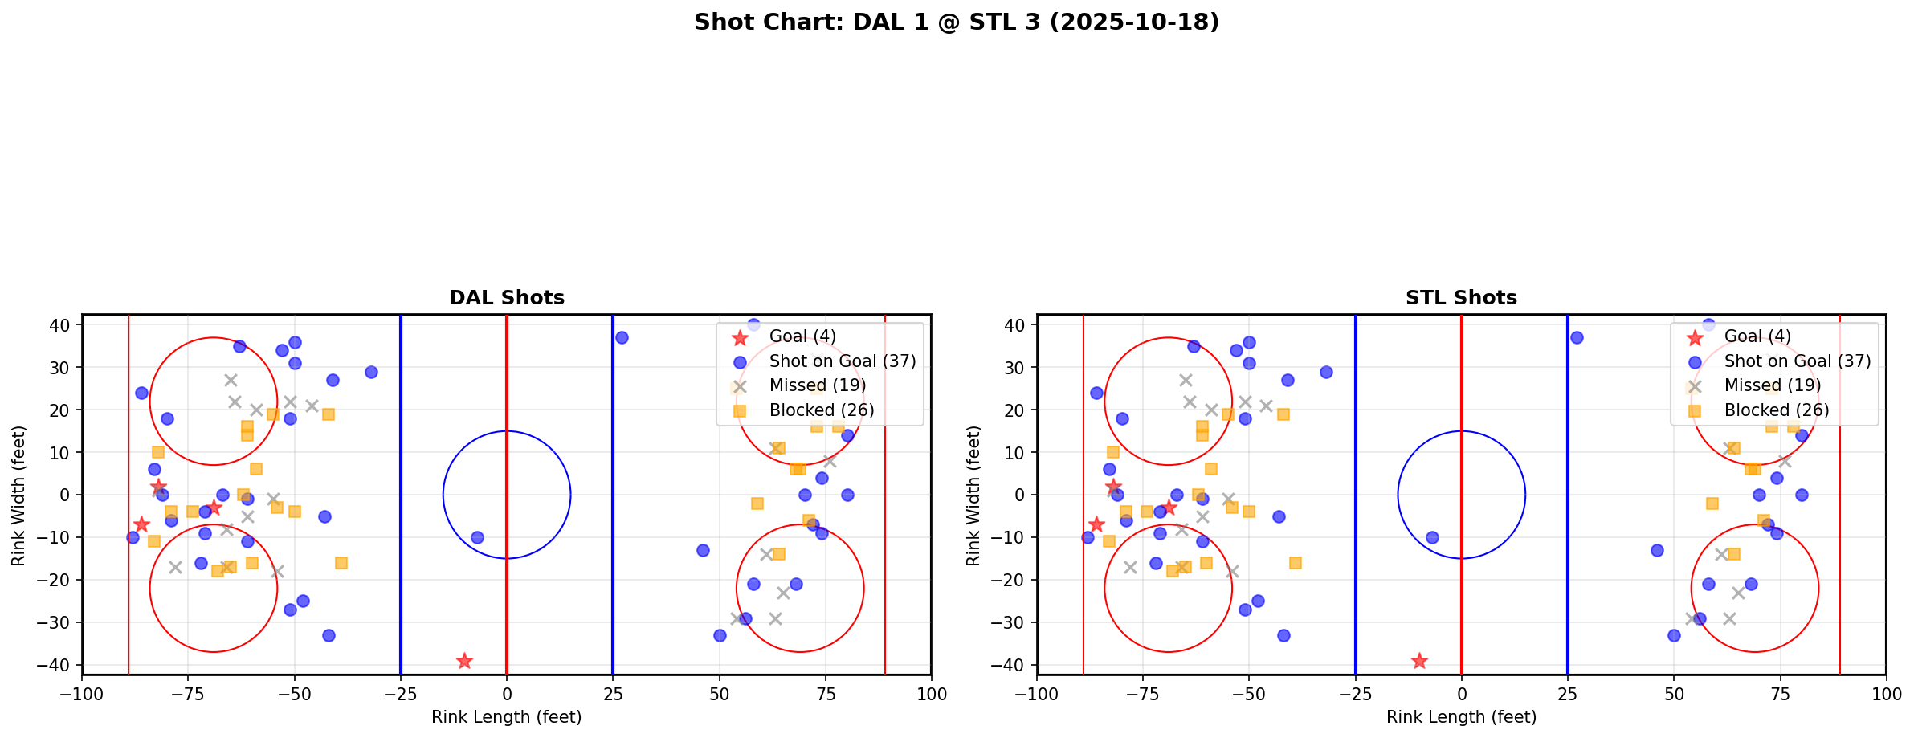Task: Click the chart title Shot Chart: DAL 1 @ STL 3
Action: [x=956, y=22]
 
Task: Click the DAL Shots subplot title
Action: [x=506, y=298]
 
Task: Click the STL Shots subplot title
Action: [x=1461, y=298]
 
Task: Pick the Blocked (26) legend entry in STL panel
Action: [x=1776, y=410]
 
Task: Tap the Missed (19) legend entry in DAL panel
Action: [x=817, y=385]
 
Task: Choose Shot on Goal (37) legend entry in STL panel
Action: [x=1797, y=361]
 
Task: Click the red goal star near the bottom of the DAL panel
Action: [x=464, y=661]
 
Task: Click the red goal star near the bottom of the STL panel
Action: [x=1419, y=661]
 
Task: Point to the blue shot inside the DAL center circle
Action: [x=477, y=537]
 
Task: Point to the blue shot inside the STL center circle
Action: [x=1432, y=537]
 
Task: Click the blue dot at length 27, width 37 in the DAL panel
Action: [x=622, y=337]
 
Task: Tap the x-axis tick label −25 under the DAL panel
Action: [x=400, y=694]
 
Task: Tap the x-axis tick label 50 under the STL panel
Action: [x=1674, y=694]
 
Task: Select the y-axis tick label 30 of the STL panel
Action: [x=1018, y=367]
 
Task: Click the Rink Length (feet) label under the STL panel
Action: [x=1461, y=717]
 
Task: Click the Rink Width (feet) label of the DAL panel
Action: [x=18, y=495]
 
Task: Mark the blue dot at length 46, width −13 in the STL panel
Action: [x=1657, y=550]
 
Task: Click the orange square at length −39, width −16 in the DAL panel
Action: [x=341, y=563]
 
